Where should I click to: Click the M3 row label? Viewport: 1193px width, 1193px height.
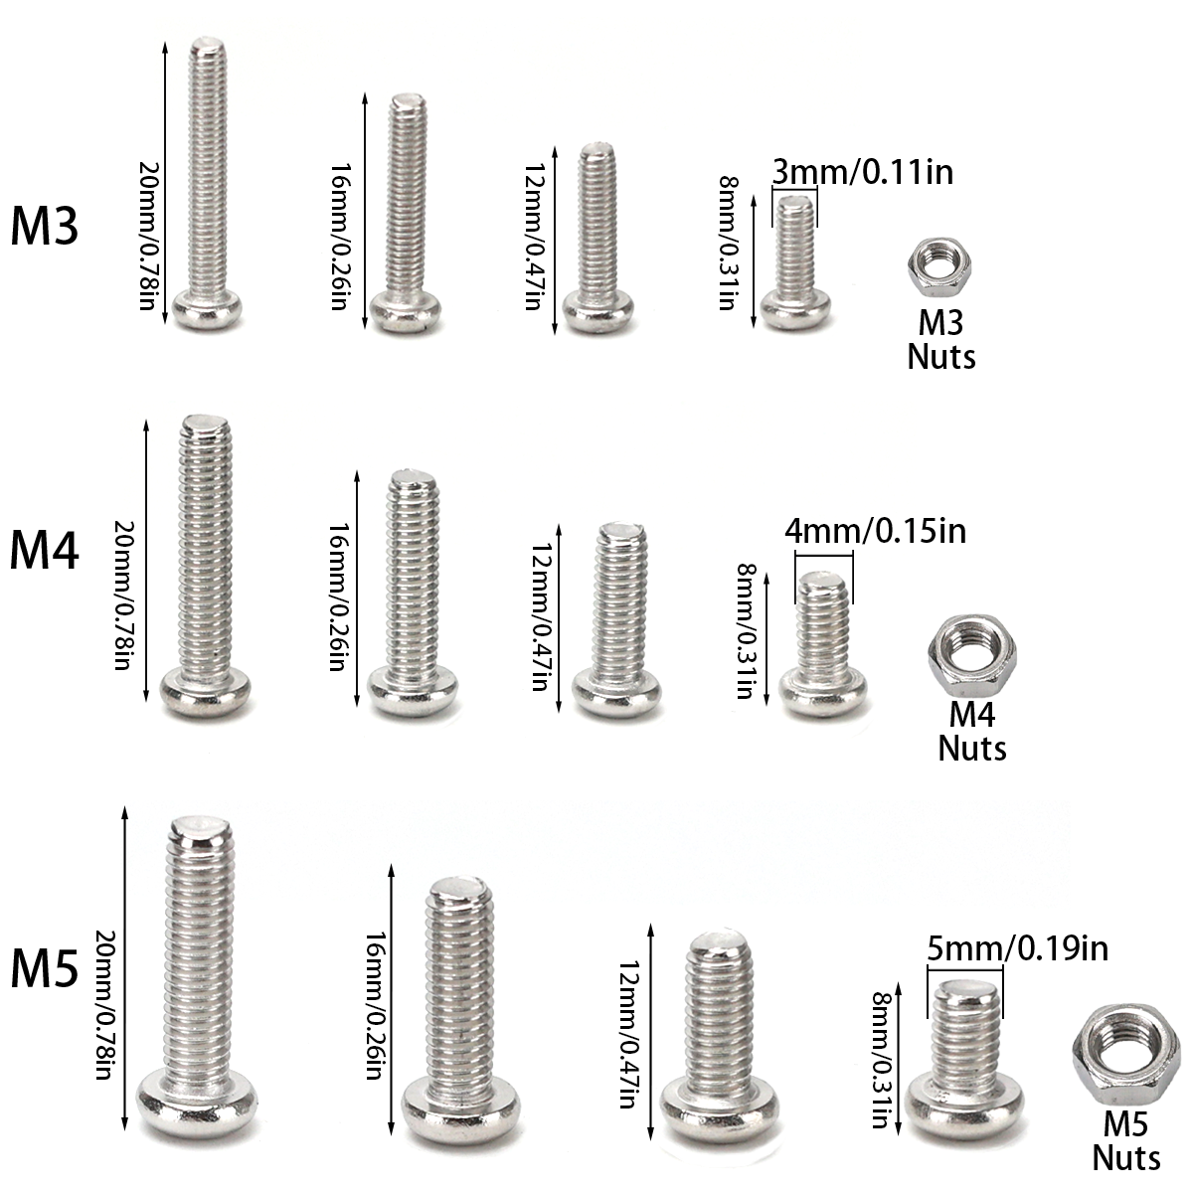click(45, 227)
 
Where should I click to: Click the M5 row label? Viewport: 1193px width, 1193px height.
click(45, 968)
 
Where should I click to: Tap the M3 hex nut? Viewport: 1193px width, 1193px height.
click(939, 268)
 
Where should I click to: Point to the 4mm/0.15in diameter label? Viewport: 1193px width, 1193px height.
click(876, 531)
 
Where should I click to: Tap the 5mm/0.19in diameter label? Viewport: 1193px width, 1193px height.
click(1017, 948)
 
